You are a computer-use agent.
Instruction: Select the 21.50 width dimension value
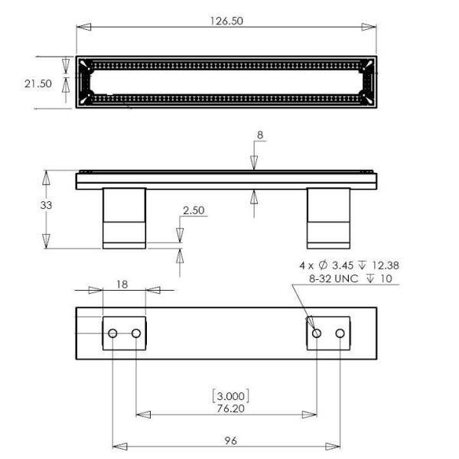point(38,83)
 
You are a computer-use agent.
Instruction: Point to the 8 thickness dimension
point(259,135)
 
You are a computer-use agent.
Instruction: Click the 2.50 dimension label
point(194,210)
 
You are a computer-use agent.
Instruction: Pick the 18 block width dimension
point(122,283)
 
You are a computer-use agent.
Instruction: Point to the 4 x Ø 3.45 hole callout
point(348,265)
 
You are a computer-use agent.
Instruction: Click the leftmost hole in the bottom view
point(112,334)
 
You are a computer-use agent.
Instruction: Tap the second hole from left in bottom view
point(136,334)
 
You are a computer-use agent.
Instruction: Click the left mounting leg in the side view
point(124,217)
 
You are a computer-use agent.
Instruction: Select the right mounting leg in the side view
point(328,217)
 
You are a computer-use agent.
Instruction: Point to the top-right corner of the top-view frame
point(374,58)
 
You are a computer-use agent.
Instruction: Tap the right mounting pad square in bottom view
point(328,334)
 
